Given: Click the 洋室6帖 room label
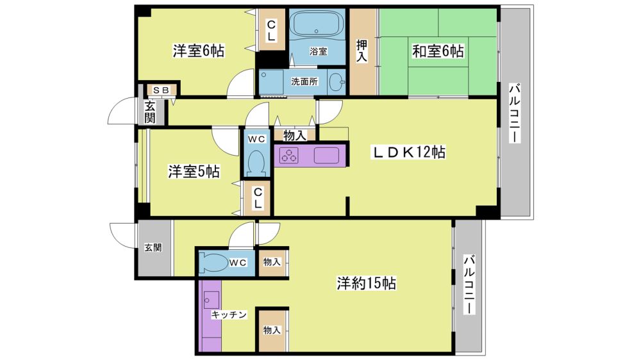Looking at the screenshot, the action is point(198,51).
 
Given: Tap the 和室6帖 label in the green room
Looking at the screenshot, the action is point(438,51).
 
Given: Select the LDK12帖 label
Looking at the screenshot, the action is point(408,152).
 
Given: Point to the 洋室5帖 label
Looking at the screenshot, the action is point(194,171).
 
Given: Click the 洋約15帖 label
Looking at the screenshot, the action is point(366,282).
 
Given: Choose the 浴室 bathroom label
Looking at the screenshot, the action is point(318,51).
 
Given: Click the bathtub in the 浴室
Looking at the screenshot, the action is point(316,24).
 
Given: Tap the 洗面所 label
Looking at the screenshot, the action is point(304,82).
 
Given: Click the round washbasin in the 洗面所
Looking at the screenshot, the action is point(337,82).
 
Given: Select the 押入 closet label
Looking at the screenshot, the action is point(362,51).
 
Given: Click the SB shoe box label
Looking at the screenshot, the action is point(161,90).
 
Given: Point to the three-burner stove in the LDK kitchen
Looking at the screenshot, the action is point(288,155).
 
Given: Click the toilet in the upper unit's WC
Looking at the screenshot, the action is point(257,162).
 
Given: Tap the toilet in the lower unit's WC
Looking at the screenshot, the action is point(214,262).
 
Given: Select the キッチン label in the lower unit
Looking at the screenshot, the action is point(229,315).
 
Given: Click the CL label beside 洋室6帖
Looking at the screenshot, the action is point(271,31).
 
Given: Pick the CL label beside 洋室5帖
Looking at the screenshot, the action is point(258,198).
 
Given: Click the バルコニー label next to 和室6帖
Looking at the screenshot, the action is point(515,113).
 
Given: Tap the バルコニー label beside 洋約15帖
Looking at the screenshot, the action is point(470,284).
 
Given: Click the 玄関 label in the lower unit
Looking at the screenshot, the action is point(153,248).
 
